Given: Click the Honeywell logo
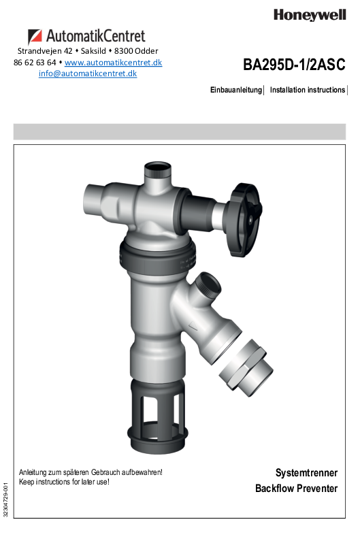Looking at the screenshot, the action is [x=310, y=15].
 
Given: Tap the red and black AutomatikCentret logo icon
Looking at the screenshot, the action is [x=35, y=36].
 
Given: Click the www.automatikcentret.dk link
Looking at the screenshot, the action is [x=113, y=63].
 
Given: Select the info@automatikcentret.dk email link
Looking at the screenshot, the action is [x=88, y=73].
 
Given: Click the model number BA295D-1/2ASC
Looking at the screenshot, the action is [x=294, y=65].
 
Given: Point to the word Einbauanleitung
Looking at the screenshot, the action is [x=236, y=90].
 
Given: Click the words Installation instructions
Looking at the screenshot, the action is [x=308, y=90].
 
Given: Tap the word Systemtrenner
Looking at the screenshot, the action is [x=306, y=473].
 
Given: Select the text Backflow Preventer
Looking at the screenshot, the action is [x=297, y=489].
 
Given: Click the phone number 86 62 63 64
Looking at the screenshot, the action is [x=35, y=63].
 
